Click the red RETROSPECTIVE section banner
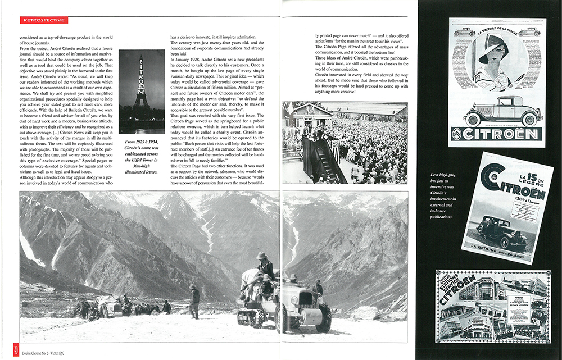(x=46, y=20)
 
